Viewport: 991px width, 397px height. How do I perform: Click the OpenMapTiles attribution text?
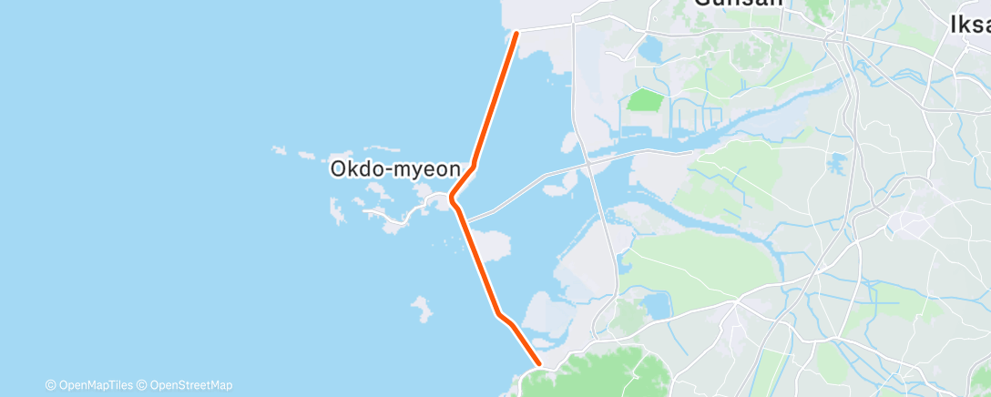pos(95,385)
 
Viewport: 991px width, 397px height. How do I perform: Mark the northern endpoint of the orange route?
pos(516,34)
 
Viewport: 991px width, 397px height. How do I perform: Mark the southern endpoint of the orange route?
pos(540,364)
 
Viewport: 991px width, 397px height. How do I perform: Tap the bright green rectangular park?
pos(644,100)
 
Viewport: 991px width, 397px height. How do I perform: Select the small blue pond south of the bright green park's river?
pos(835,164)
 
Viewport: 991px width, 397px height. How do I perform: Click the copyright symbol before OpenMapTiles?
pos(51,385)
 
